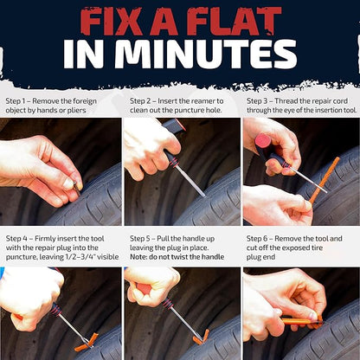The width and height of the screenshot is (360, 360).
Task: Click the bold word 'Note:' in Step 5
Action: (x=139, y=257)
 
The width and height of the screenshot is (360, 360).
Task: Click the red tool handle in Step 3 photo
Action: (x=263, y=143)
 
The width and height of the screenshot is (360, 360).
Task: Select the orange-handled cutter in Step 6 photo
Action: (x=299, y=320)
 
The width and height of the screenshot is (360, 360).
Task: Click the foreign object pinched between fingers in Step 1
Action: (x=75, y=184)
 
